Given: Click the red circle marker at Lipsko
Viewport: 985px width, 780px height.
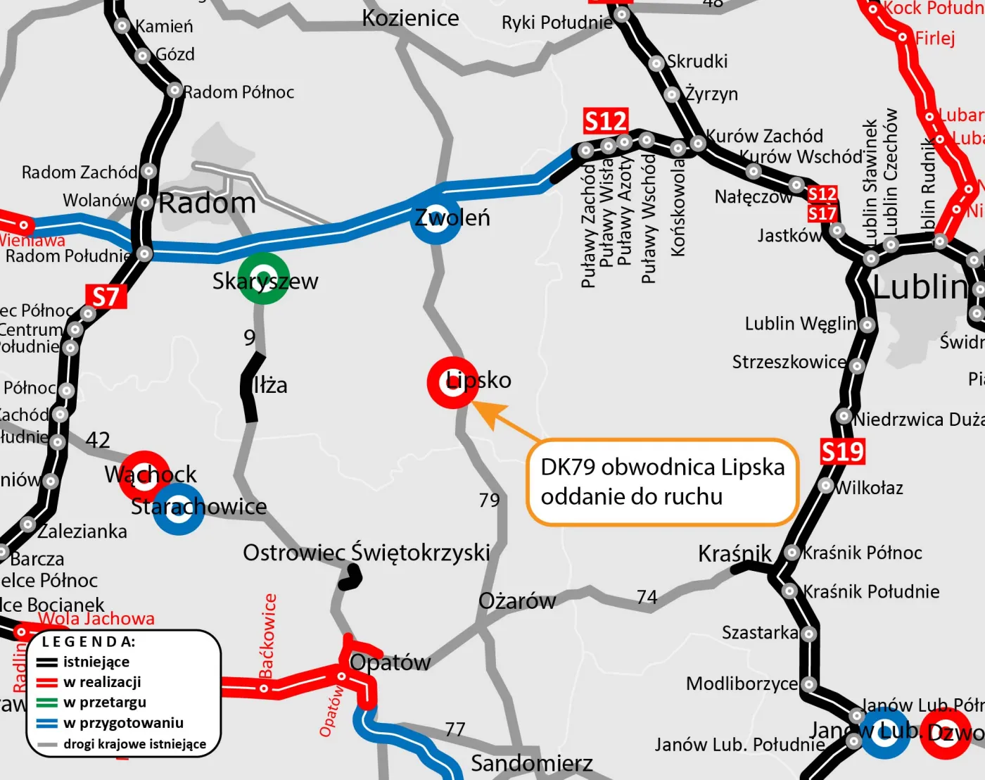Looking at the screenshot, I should [453, 382].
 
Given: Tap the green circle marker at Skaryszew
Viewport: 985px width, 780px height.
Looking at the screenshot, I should [263, 278].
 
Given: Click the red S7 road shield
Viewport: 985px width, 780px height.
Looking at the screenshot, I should [106, 296].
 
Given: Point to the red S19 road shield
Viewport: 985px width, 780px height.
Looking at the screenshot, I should [842, 451].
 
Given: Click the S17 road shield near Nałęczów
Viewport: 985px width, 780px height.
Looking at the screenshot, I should [822, 213].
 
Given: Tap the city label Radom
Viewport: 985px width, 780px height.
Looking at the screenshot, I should [207, 203].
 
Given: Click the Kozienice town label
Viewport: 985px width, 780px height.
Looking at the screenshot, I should [410, 18].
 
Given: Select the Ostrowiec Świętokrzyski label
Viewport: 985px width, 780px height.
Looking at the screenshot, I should [366, 553].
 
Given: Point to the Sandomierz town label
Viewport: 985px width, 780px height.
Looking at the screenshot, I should [531, 763].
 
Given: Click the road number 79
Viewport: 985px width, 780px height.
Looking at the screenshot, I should [489, 500].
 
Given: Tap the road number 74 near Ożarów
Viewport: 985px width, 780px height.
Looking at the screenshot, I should [647, 597].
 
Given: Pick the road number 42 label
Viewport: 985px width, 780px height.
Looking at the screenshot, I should [98, 440].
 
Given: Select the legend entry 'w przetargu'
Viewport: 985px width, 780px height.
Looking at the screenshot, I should [104, 702].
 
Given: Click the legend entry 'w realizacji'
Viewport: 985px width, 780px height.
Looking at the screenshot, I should [102, 681].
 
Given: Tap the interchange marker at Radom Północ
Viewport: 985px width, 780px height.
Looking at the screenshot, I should [174, 90].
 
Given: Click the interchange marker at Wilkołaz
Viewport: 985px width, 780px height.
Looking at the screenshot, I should [826, 486].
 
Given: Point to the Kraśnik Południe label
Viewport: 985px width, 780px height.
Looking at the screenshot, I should [871, 591].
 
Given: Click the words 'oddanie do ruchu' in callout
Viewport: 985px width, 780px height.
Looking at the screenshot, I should [631, 497].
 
